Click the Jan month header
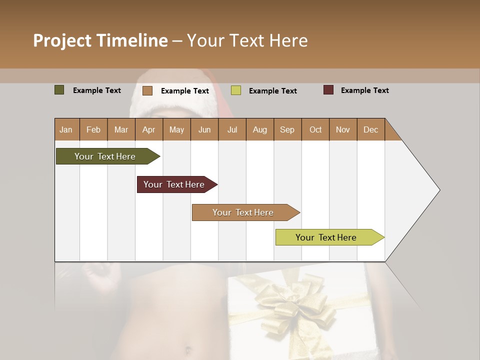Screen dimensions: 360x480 tap(66, 129)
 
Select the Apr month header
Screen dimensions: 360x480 tap(148, 129)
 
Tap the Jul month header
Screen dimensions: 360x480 tap(232, 129)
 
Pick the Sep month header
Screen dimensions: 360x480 tap(287, 129)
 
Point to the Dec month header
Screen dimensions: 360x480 tap(370, 129)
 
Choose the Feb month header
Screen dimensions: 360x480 tap(93, 129)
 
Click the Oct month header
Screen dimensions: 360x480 tap(315, 129)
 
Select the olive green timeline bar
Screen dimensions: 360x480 tap(105, 156)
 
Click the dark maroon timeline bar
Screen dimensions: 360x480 tap(174, 184)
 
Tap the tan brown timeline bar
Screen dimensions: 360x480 tap(243, 212)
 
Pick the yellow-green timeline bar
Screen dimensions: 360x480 tap(326, 237)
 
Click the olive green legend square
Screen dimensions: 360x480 tap(59, 90)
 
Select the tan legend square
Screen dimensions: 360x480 tap(147, 90)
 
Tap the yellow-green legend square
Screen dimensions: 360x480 tap(236, 90)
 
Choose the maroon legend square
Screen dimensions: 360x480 tap(328, 90)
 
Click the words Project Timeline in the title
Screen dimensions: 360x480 tap(100, 40)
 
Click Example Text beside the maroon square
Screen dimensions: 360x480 tap(364, 90)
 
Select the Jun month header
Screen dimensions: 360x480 tap(204, 129)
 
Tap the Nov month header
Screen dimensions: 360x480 tap(343, 129)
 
